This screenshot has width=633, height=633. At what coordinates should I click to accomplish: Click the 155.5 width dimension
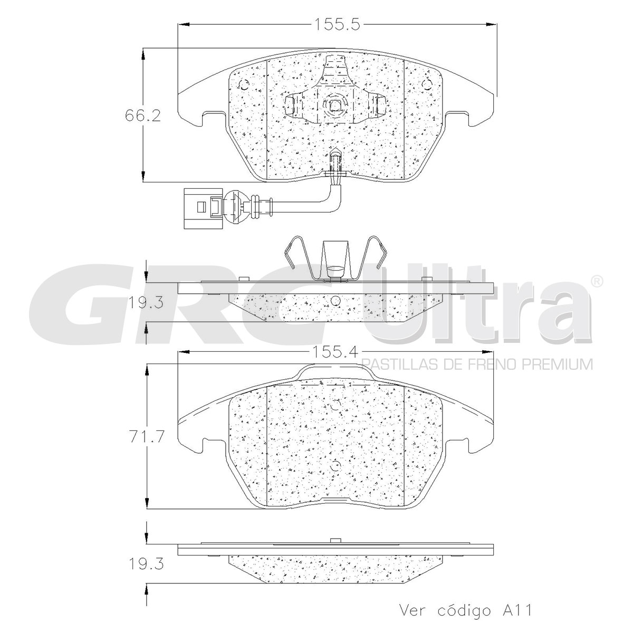(x=337, y=24)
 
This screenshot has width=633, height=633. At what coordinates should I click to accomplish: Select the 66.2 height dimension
(x=143, y=116)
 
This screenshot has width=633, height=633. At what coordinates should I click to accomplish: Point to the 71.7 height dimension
(x=147, y=438)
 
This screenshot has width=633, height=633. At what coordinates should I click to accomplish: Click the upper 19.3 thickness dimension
(x=145, y=303)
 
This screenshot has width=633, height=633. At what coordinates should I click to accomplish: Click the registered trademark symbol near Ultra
(x=596, y=281)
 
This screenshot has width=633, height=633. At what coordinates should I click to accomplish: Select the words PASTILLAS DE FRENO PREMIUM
(x=477, y=365)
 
